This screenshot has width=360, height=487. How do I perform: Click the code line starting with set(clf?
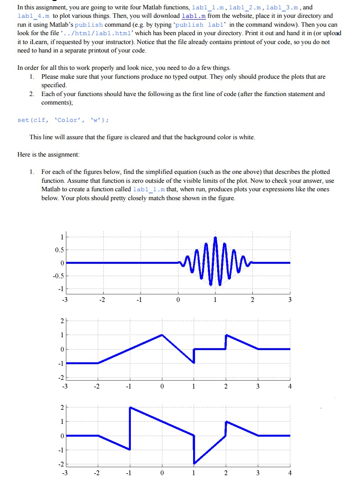pos(62,120)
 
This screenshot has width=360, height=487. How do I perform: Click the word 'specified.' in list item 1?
pos(54,85)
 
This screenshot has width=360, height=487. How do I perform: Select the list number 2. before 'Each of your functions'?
pos(32,94)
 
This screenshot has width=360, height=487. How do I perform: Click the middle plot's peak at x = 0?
pos(162,335)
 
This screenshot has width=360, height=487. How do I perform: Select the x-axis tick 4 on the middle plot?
pos(290,386)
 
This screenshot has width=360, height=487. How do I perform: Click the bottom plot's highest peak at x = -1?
pos(130,407)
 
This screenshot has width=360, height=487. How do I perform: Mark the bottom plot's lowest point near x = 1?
pos(194,463)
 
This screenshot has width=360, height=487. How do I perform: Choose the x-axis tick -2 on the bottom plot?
pos(98,473)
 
